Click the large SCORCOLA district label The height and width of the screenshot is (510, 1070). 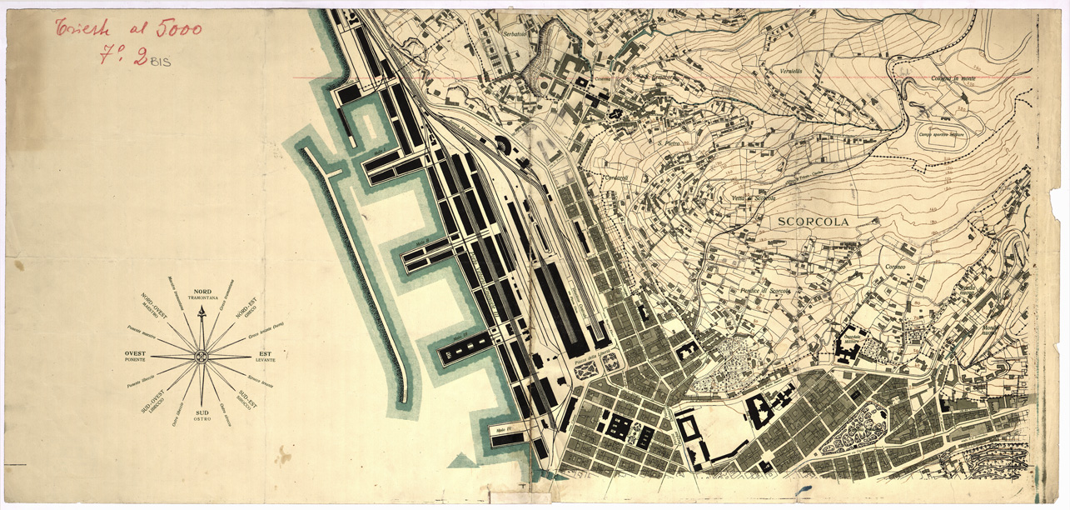coord(816,222)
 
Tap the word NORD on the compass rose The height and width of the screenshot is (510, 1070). coord(202,292)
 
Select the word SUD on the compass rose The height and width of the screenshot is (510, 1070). coord(202,412)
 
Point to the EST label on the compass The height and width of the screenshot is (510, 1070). coord(265,353)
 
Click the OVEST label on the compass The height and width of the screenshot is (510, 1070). coord(135,353)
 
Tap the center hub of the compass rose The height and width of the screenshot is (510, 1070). coord(201,357)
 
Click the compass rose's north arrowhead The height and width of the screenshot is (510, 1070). coord(201,311)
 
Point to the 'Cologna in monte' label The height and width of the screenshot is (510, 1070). coord(953,78)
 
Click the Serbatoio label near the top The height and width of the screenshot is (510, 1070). coord(515,34)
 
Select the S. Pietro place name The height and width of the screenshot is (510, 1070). coord(670,143)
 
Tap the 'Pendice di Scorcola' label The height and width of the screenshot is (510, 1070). coord(764,290)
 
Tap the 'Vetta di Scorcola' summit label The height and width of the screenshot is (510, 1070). coord(754,197)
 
